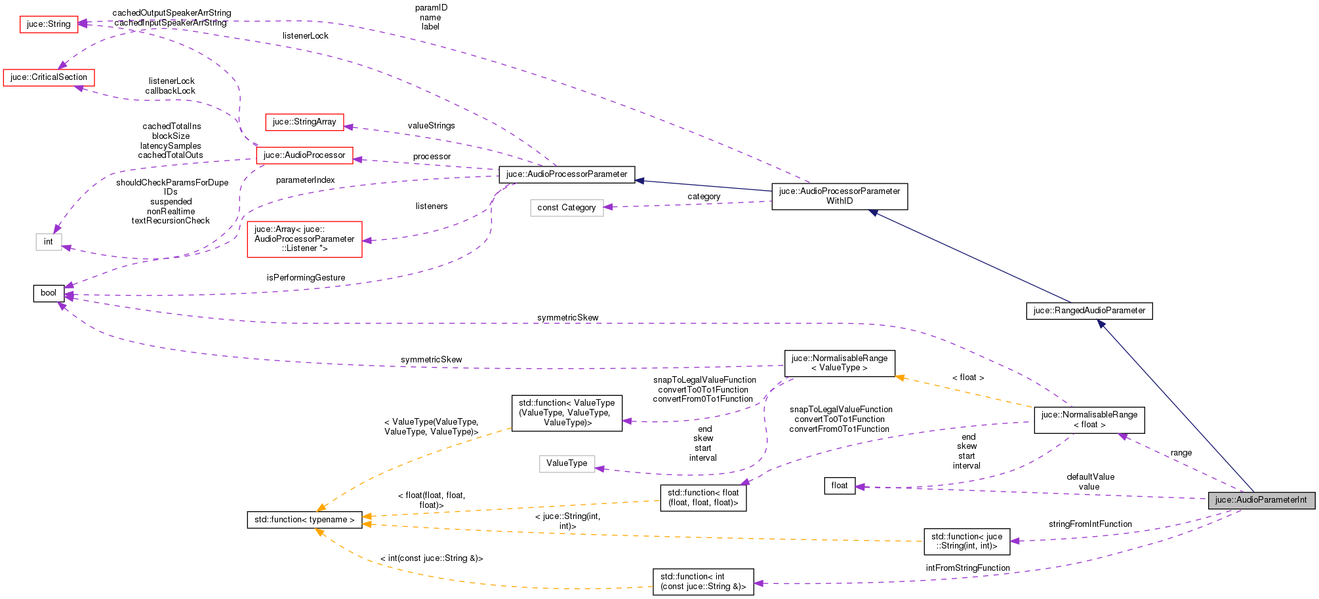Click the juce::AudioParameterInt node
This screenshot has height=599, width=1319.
click(x=1261, y=500)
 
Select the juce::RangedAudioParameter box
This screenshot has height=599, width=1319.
click(x=1089, y=311)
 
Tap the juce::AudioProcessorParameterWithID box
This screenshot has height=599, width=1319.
click(x=840, y=196)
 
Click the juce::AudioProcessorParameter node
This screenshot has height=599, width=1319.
click(x=567, y=174)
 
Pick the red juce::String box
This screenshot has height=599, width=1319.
click(x=49, y=24)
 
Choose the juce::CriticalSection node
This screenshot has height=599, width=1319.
click(x=49, y=77)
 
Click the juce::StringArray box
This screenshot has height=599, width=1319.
click(x=304, y=122)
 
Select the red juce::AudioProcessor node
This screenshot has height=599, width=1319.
click(x=304, y=155)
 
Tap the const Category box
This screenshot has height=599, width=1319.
click(x=567, y=208)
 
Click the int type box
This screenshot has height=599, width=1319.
click(x=49, y=242)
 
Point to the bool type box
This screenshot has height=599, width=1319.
click(x=49, y=293)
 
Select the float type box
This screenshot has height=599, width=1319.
click(x=840, y=486)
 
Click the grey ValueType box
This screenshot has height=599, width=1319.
click(x=567, y=463)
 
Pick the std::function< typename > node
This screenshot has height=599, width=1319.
click(x=304, y=520)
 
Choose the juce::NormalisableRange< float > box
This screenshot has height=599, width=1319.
click(x=1089, y=420)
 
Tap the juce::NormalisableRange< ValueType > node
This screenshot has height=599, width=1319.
click(x=840, y=363)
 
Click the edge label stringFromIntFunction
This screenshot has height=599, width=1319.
click(x=1090, y=524)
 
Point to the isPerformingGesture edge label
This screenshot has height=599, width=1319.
click(x=306, y=278)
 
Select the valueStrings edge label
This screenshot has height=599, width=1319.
click(x=431, y=126)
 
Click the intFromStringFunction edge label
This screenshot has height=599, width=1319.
click(x=967, y=568)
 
